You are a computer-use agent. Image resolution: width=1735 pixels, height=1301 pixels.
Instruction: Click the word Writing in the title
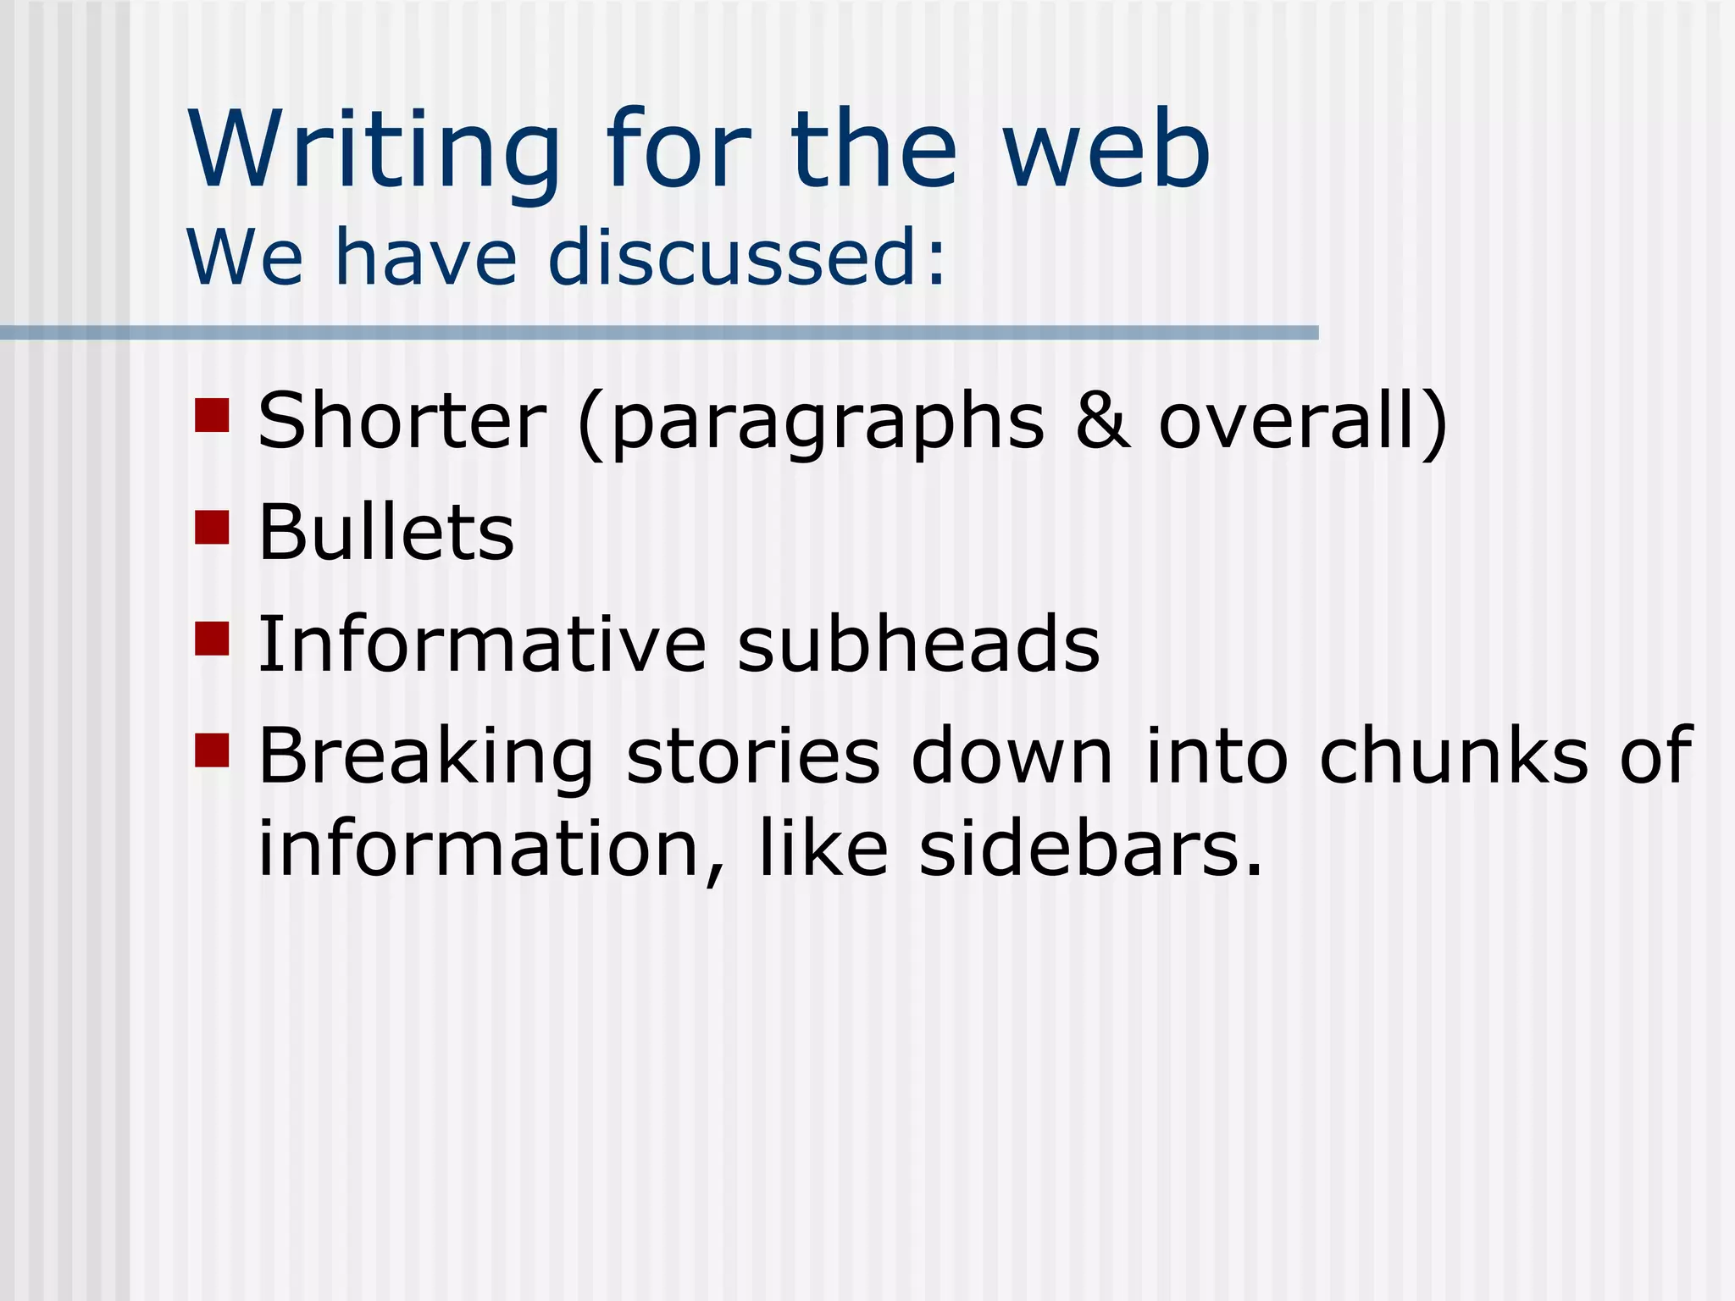point(374,151)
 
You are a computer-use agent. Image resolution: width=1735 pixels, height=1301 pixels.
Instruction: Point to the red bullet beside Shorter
point(212,415)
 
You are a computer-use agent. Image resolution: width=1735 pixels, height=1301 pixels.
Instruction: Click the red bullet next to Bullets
point(212,527)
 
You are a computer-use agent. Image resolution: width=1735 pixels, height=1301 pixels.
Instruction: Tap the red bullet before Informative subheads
point(212,639)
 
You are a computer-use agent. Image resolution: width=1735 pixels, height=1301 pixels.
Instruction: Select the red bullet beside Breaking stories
point(212,750)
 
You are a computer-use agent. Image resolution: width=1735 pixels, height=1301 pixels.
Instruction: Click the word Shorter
point(402,421)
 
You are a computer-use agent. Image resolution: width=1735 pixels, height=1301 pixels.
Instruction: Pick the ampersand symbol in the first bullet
point(1102,421)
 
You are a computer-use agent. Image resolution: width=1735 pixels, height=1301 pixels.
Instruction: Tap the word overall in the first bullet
point(1292,421)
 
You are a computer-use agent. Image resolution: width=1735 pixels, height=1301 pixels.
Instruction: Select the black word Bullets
point(386,533)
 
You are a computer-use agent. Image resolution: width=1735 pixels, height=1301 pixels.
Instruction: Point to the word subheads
point(918,645)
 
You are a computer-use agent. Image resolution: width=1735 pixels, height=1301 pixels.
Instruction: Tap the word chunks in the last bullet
point(1454,756)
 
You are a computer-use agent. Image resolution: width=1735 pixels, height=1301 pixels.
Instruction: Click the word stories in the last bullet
point(753,756)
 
